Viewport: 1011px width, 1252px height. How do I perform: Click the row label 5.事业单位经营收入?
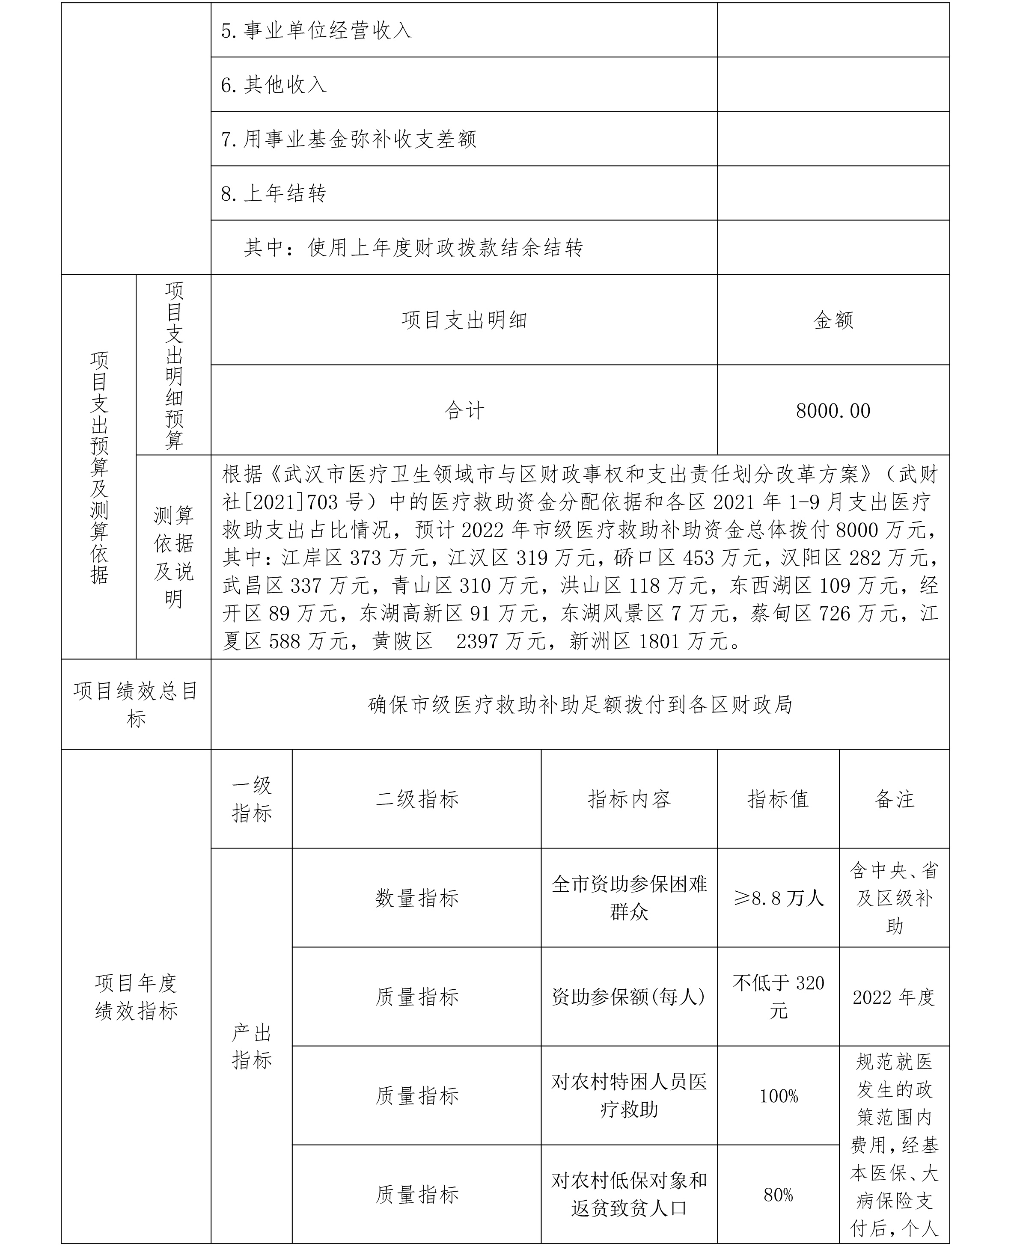click(x=316, y=30)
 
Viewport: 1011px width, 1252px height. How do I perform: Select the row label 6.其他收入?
click(x=274, y=85)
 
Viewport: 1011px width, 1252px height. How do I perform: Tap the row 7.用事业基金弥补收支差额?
click(x=348, y=139)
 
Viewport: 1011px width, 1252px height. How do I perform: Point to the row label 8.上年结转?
click(x=274, y=193)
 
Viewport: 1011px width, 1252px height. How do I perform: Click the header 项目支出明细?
click(x=464, y=320)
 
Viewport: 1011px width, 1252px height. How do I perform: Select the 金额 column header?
click(x=833, y=320)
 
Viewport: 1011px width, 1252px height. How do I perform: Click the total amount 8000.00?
click(x=833, y=411)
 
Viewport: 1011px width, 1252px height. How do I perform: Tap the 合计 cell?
click(x=464, y=411)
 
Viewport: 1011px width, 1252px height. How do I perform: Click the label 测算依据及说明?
click(x=173, y=557)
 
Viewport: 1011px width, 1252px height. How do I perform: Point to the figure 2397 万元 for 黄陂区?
click(x=501, y=641)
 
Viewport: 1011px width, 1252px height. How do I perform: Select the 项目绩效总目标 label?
click(x=136, y=705)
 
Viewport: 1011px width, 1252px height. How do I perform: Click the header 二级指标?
click(x=417, y=799)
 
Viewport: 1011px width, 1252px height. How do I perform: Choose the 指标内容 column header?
click(x=629, y=799)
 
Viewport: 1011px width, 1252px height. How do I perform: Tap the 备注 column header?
click(x=894, y=799)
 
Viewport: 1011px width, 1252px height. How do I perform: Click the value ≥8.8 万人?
click(x=778, y=898)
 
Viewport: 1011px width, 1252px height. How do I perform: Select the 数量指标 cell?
click(x=417, y=898)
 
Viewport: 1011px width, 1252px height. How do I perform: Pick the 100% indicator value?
click(x=778, y=1097)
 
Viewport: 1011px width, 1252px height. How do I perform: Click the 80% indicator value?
click(x=778, y=1195)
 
